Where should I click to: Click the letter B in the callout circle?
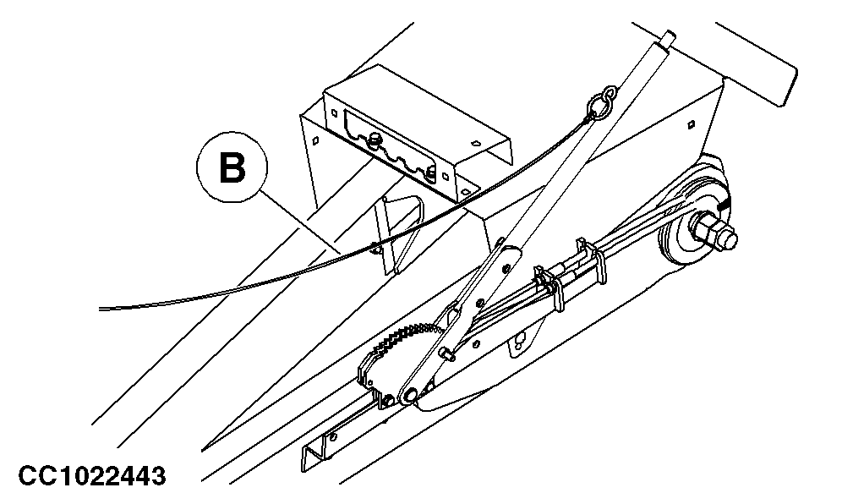tap(233, 167)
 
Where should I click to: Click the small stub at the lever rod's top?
tap(670, 37)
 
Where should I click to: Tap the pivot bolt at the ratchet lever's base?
tap(410, 394)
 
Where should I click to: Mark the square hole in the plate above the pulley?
tap(692, 123)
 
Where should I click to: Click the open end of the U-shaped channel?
tap(309, 457)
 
